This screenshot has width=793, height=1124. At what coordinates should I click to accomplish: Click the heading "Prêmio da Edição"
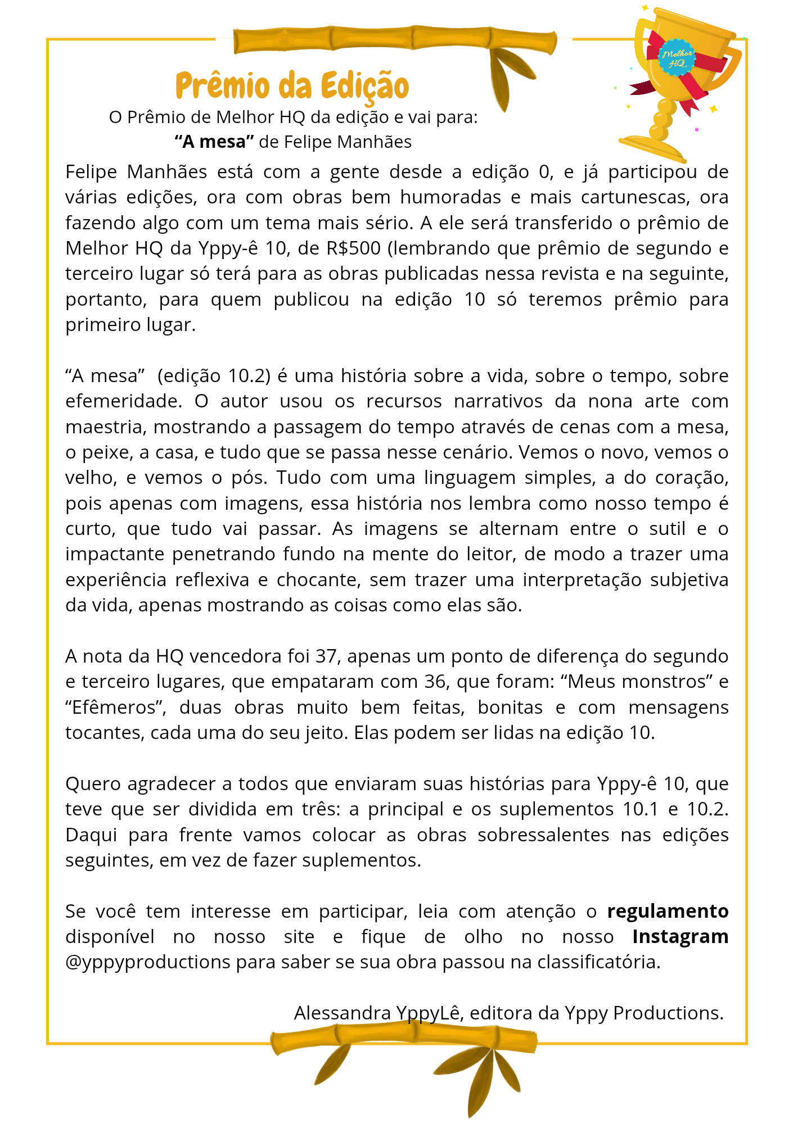pos(292,85)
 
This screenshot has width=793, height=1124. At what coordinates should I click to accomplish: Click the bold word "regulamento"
pos(668,911)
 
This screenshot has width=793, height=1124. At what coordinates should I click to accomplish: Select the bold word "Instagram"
pos(680,936)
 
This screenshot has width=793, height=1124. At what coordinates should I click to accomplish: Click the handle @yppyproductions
pos(148,962)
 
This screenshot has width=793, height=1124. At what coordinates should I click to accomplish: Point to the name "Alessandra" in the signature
pos(342,1013)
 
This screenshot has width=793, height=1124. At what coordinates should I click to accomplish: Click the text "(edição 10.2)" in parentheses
pos(214,375)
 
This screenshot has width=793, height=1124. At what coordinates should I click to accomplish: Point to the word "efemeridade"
pos(123,401)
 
